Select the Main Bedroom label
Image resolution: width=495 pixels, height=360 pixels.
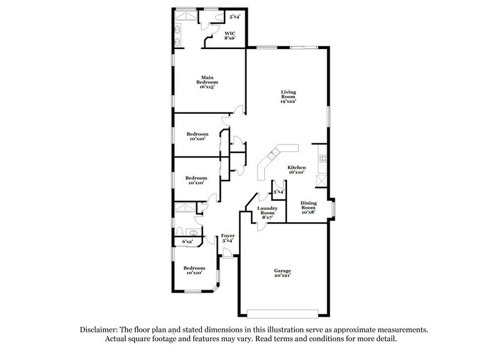207,80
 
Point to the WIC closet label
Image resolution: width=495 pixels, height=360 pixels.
230,32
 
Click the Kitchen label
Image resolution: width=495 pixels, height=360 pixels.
297,167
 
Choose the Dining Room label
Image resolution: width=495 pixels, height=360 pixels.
308,205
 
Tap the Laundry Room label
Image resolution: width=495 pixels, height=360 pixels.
268,211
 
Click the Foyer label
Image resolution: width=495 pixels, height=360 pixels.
228,236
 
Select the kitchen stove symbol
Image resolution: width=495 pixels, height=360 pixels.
321,161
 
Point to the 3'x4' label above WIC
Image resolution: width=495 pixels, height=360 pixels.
235,16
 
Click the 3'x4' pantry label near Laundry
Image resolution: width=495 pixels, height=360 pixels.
278,193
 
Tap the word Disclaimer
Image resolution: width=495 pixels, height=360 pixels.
100,329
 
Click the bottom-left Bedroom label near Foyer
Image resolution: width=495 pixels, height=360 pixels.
194,268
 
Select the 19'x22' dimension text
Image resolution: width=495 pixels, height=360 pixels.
288,102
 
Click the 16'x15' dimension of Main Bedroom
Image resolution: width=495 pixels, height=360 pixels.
207,88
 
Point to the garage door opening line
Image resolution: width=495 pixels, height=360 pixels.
282,317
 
